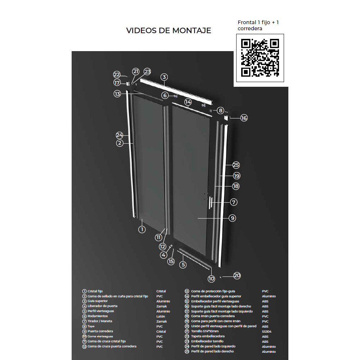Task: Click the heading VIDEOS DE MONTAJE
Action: pyautogui.click(x=168, y=31)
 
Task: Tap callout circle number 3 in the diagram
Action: pyautogui.click(x=164, y=77)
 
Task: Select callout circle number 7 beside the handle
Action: pyautogui.click(x=234, y=202)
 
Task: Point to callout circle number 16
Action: pyautogui.click(x=244, y=118)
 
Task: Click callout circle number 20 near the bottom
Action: pyautogui.click(x=237, y=276)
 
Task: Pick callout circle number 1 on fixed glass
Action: pyautogui.click(x=142, y=229)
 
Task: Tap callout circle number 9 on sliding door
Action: pyautogui.click(x=233, y=218)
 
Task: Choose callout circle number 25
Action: pyautogui.click(x=236, y=165)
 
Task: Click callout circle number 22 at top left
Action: pyautogui.click(x=117, y=75)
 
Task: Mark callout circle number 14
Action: pyautogui.click(x=188, y=102)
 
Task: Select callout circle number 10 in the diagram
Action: pyautogui.click(x=211, y=278)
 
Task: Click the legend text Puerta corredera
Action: pyautogui.click(x=100, y=331)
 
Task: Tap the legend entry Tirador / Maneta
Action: pyautogui.click(x=100, y=321)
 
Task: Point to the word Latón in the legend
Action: pyautogui.click(x=161, y=316)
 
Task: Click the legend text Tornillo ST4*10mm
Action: pyautogui.click(x=205, y=331)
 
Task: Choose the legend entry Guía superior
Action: pyautogui.click(x=98, y=301)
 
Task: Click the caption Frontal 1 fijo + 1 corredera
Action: pyautogui.click(x=258, y=25)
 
